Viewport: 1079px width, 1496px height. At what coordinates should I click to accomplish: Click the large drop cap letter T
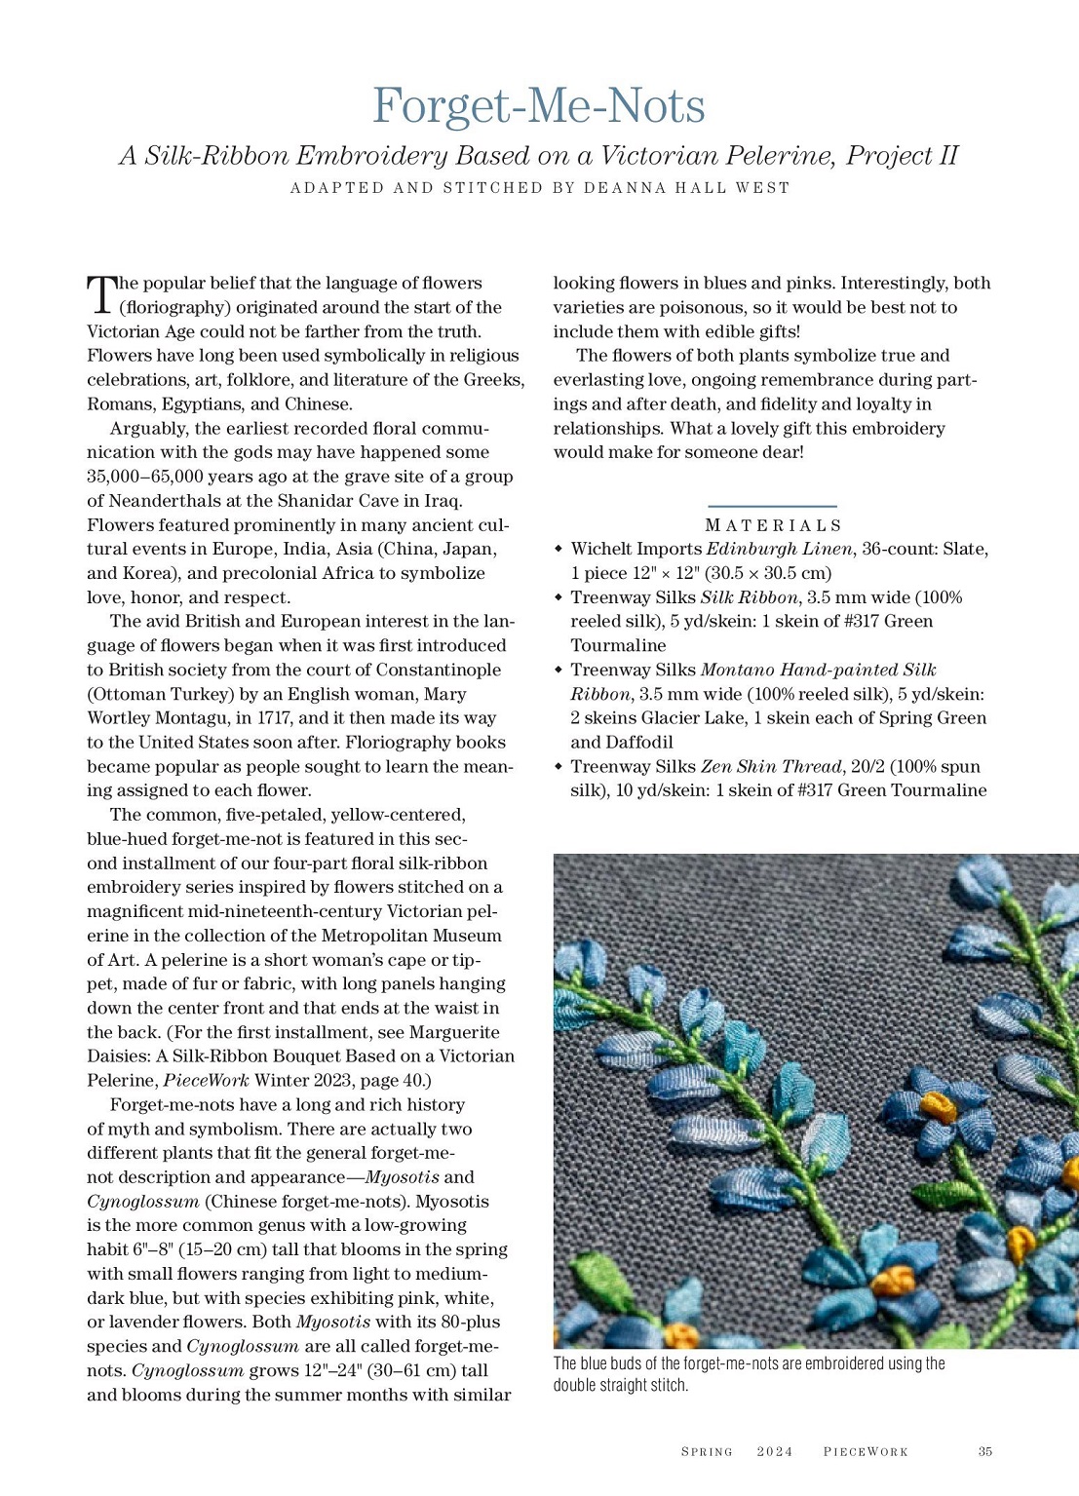click(x=100, y=294)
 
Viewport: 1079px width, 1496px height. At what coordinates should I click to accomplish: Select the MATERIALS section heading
click(x=772, y=525)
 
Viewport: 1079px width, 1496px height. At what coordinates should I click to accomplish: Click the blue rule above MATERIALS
click(x=772, y=507)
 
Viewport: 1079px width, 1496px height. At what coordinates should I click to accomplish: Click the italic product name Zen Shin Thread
click(x=770, y=767)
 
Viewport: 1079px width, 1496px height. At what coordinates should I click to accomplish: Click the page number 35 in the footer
click(x=984, y=1451)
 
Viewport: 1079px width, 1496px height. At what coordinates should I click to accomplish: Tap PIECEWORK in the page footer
click(x=866, y=1451)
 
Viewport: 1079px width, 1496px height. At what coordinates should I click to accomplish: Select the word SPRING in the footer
click(x=707, y=1451)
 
